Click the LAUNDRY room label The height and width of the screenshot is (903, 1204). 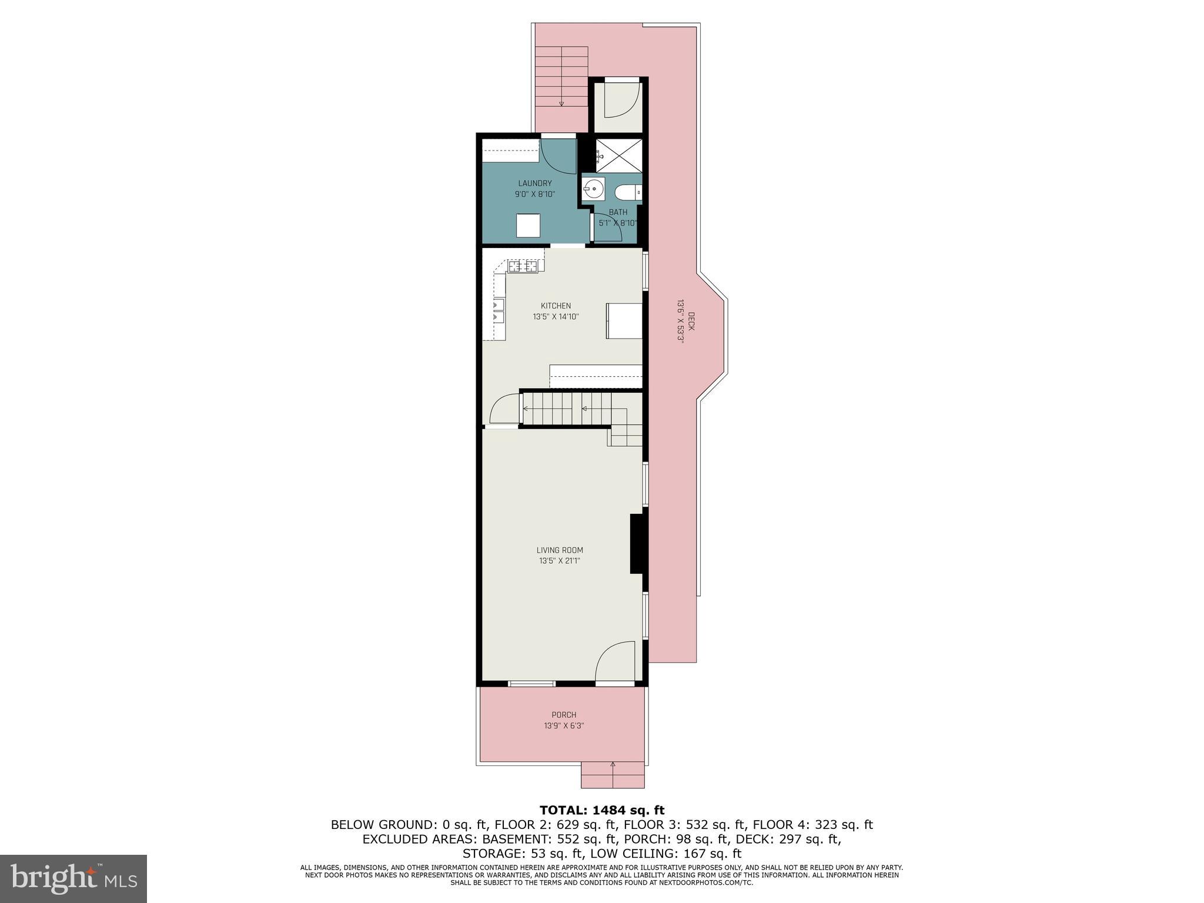pyautogui.click(x=534, y=183)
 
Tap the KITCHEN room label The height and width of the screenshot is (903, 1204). pyautogui.click(x=556, y=306)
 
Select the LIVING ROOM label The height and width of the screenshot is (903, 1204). pyautogui.click(x=560, y=550)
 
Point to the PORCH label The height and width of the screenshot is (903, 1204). pyautogui.click(x=564, y=715)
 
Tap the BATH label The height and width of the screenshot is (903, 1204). pyautogui.click(x=618, y=212)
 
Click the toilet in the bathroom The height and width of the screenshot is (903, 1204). pyautogui.click(x=627, y=192)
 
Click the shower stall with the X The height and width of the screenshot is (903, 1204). pyautogui.click(x=619, y=155)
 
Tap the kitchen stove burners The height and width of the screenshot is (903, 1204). pyautogui.click(x=523, y=266)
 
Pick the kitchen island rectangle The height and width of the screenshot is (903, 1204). pyautogui.click(x=624, y=320)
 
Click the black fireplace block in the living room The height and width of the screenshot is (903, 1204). pyautogui.click(x=637, y=543)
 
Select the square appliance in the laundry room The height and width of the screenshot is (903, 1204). pyautogui.click(x=528, y=226)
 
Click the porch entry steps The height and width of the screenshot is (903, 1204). pyautogui.click(x=613, y=774)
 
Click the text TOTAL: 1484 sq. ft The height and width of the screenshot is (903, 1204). pyautogui.click(x=602, y=811)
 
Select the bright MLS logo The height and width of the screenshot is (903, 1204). pyautogui.click(x=73, y=878)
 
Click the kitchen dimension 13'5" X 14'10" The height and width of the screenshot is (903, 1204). pyautogui.click(x=556, y=317)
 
